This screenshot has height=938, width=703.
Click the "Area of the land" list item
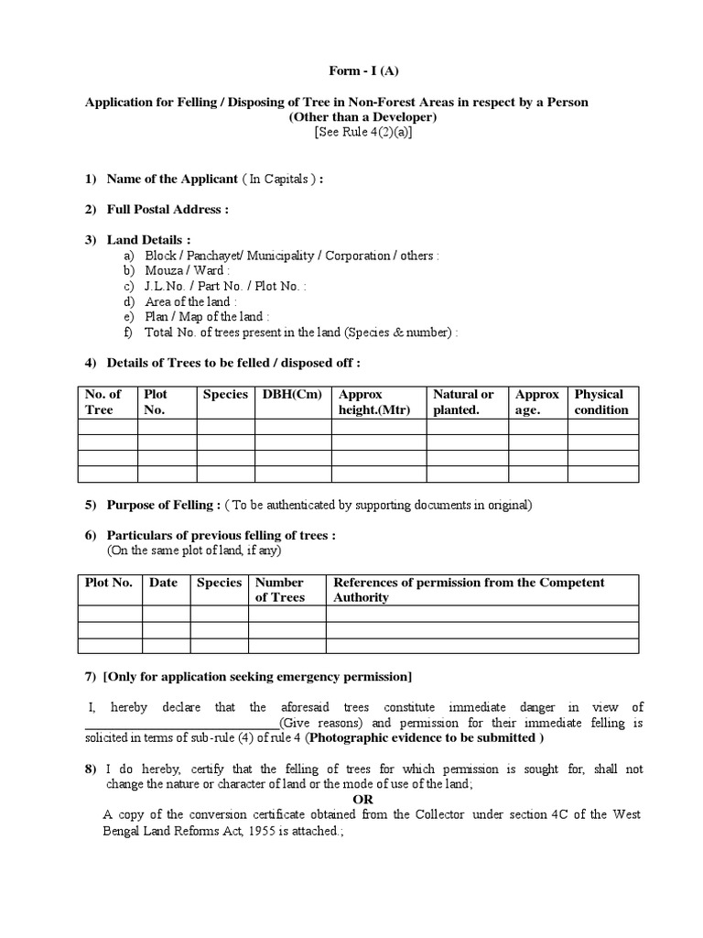[x=191, y=301]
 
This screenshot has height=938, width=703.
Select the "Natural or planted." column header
[x=463, y=402]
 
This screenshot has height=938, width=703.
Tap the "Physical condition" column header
[x=601, y=402]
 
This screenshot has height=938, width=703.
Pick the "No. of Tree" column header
[x=103, y=402]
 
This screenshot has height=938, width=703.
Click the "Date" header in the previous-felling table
[x=163, y=583]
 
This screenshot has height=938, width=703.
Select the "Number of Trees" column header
[x=280, y=590]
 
